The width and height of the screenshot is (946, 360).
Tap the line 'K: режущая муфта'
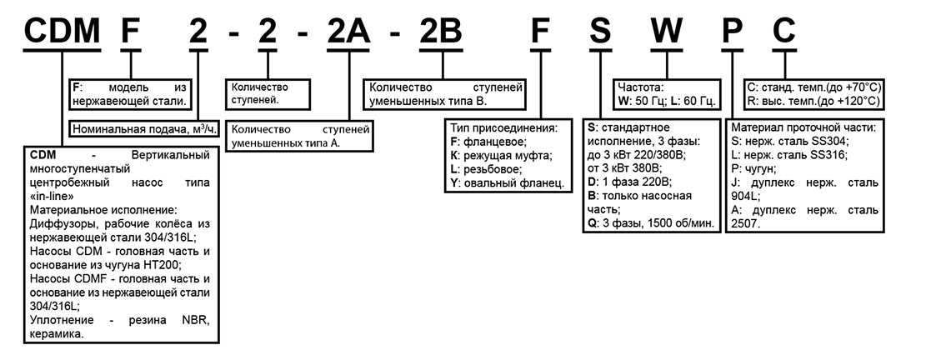coord(500,155)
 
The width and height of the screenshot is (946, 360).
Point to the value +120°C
coord(861,100)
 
